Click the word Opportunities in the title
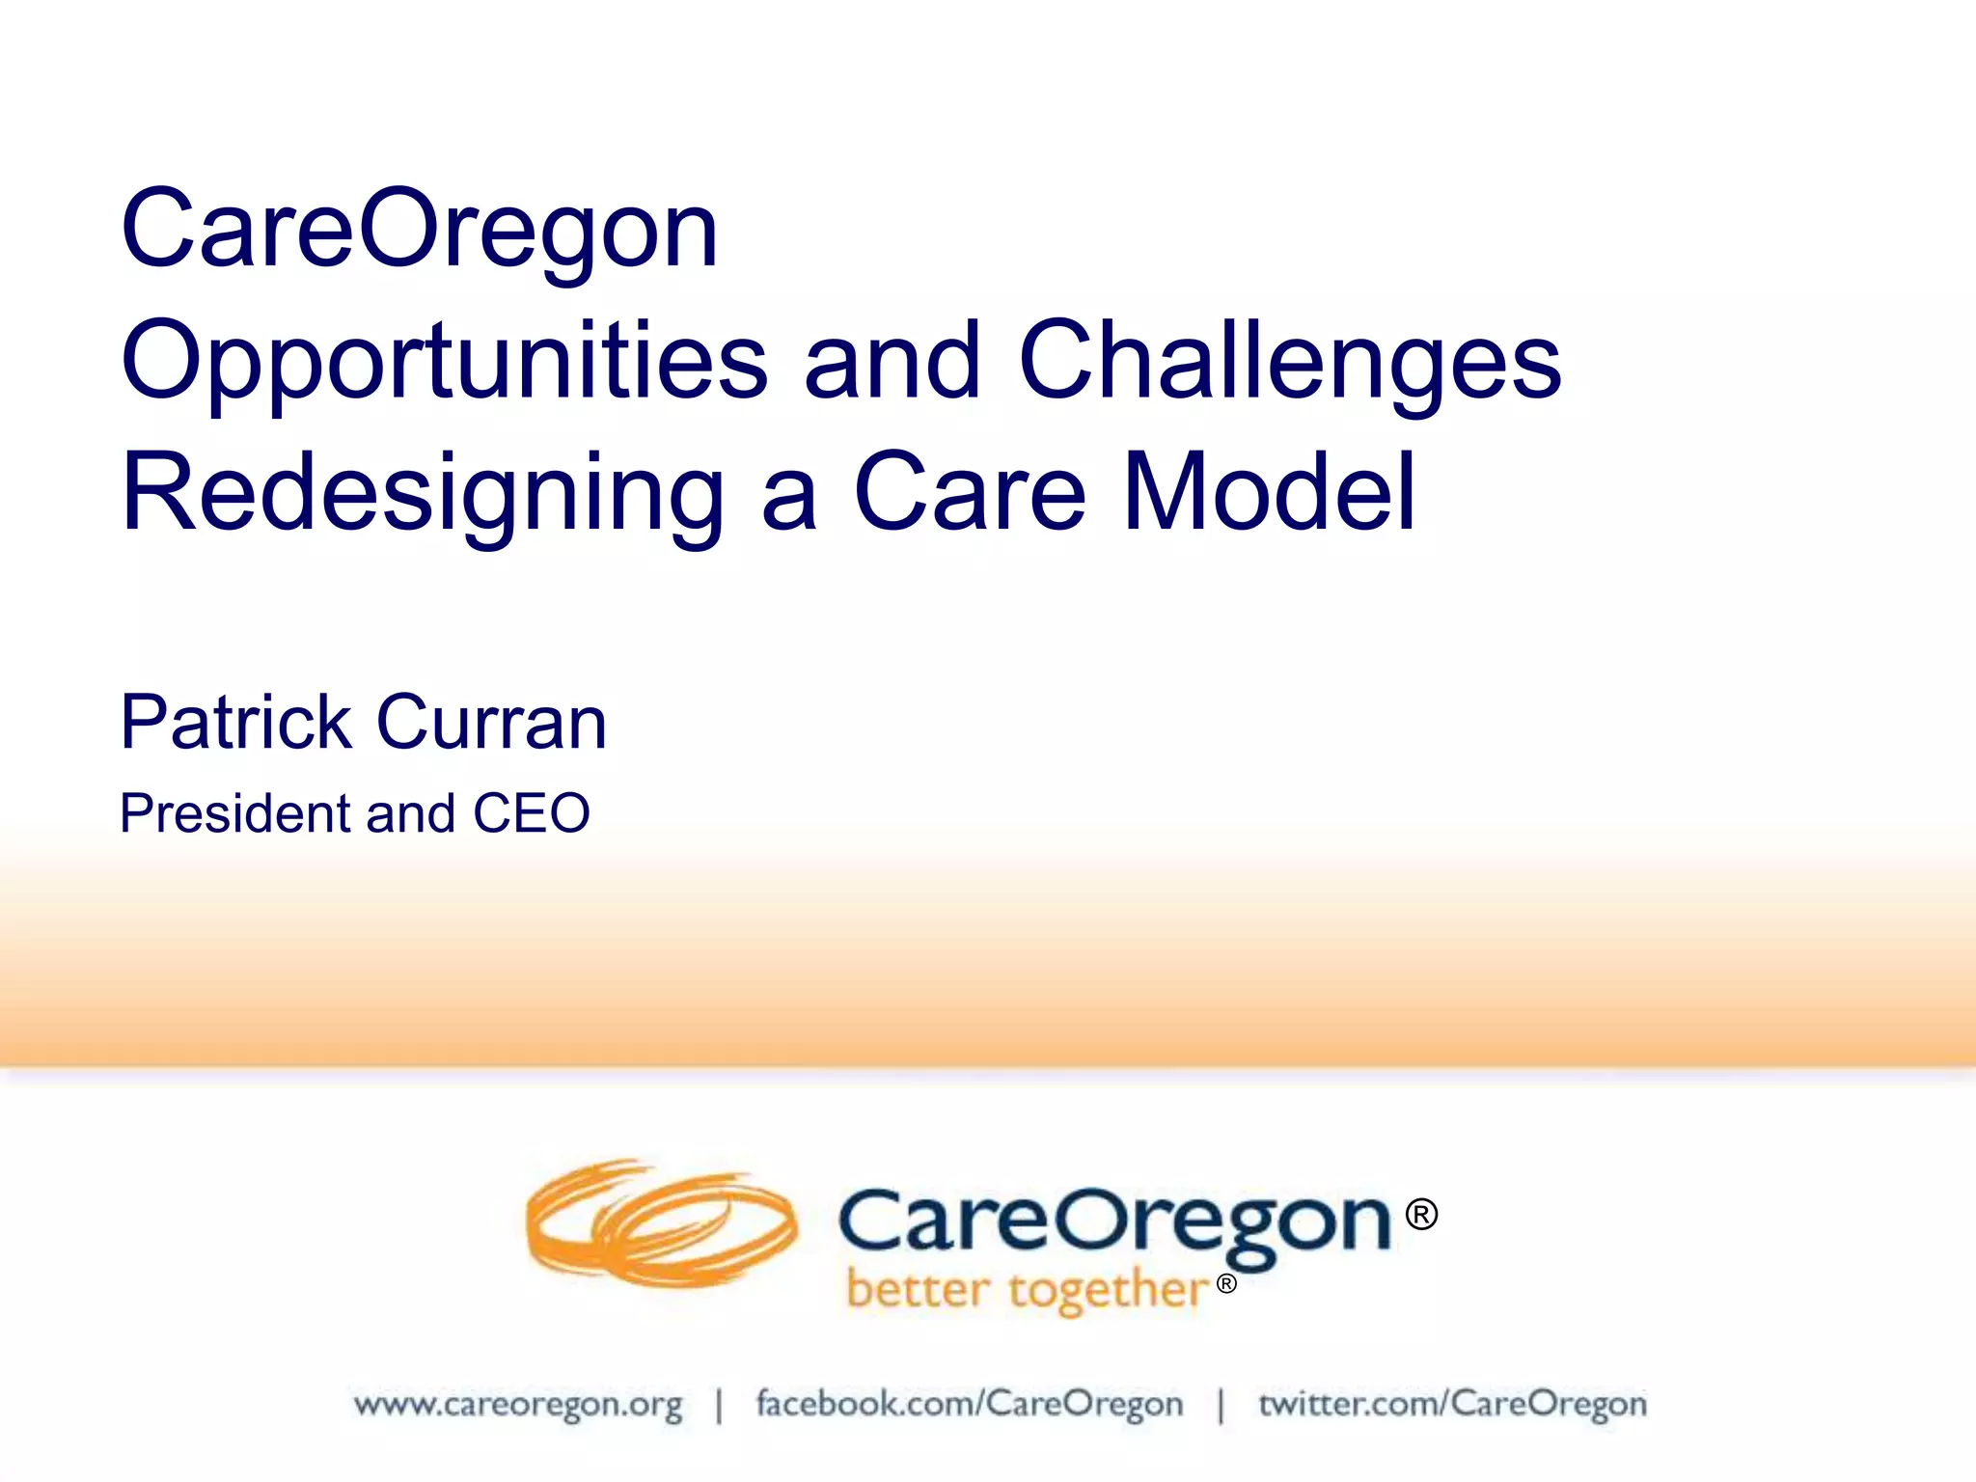point(445,362)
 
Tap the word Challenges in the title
point(1290,362)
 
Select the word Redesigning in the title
point(422,494)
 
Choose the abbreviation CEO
point(531,812)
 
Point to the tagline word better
point(918,1289)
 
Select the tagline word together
point(1109,1291)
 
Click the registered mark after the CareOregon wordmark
point(1421,1214)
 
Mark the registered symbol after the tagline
point(1226,1283)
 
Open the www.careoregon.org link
point(518,1404)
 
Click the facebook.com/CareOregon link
point(970,1404)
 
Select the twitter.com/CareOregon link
point(1452,1404)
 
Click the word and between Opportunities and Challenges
point(892,362)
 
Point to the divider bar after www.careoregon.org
point(719,1405)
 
